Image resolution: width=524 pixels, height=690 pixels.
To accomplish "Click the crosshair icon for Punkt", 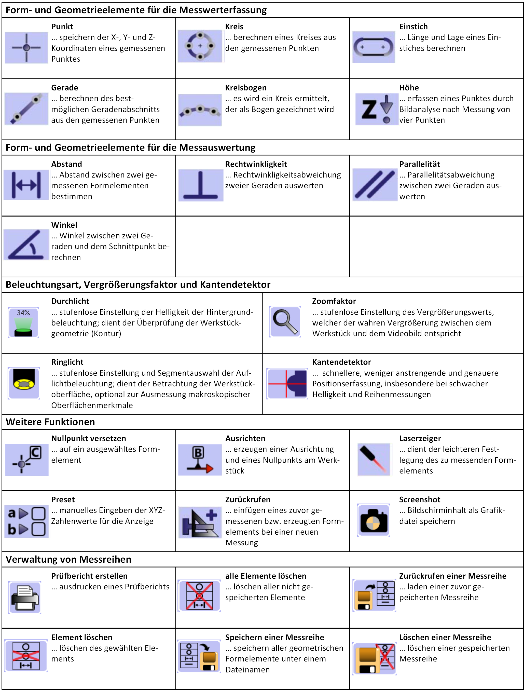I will point(26,47).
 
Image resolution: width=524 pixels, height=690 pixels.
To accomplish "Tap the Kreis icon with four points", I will point(200,46).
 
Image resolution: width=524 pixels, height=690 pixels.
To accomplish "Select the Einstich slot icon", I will point(373,47).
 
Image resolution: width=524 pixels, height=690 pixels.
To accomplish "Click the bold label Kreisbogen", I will point(246,88).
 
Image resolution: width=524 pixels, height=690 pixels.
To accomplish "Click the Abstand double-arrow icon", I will point(26,185).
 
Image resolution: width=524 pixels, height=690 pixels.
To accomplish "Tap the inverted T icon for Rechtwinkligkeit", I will point(201,185).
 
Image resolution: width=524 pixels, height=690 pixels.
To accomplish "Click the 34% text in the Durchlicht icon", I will point(23,313).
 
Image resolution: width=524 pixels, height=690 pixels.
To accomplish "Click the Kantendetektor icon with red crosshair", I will point(287,383).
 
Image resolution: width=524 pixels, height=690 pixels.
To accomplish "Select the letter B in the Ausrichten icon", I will point(198,452).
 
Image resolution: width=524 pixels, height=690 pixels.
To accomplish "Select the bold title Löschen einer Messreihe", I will point(445,637).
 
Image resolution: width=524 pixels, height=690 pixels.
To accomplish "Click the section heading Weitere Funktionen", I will point(50,422).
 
